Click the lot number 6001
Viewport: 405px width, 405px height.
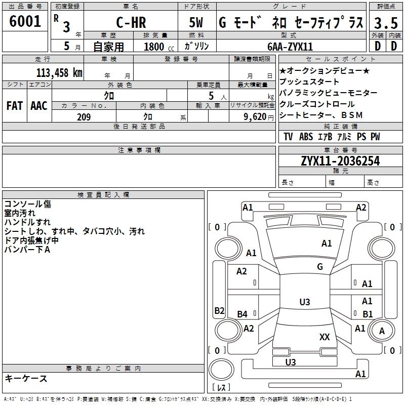pyautogui.click(x=25, y=22)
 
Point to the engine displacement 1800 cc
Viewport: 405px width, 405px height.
pyautogui.click(x=154, y=47)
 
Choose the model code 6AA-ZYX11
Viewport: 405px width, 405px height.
pyautogui.click(x=290, y=47)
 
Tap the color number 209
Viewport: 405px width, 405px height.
pyautogui.click(x=84, y=116)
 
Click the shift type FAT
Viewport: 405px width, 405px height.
pyautogui.click(x=15, y=105)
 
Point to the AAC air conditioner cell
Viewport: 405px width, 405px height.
pyautogui.click(x=38, y=105)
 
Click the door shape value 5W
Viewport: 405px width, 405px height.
pyautogui.click(x=197, y=23)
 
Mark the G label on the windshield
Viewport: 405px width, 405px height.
pyautogui.click(x=320, y=267)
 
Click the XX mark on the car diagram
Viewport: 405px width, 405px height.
pyautogui.click(x=325, y=337)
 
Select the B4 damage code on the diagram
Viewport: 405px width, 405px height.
pyautogui.click(x=242, y=314)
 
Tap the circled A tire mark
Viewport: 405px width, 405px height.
pyautogui.click(x=382, y=331)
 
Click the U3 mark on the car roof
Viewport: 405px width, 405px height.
pyautogui.click(x=304, y=302)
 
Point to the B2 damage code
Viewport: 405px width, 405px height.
pyautogui.click(x=219, y=310)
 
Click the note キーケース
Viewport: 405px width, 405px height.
pyautogui.click(x=26, y=378)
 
